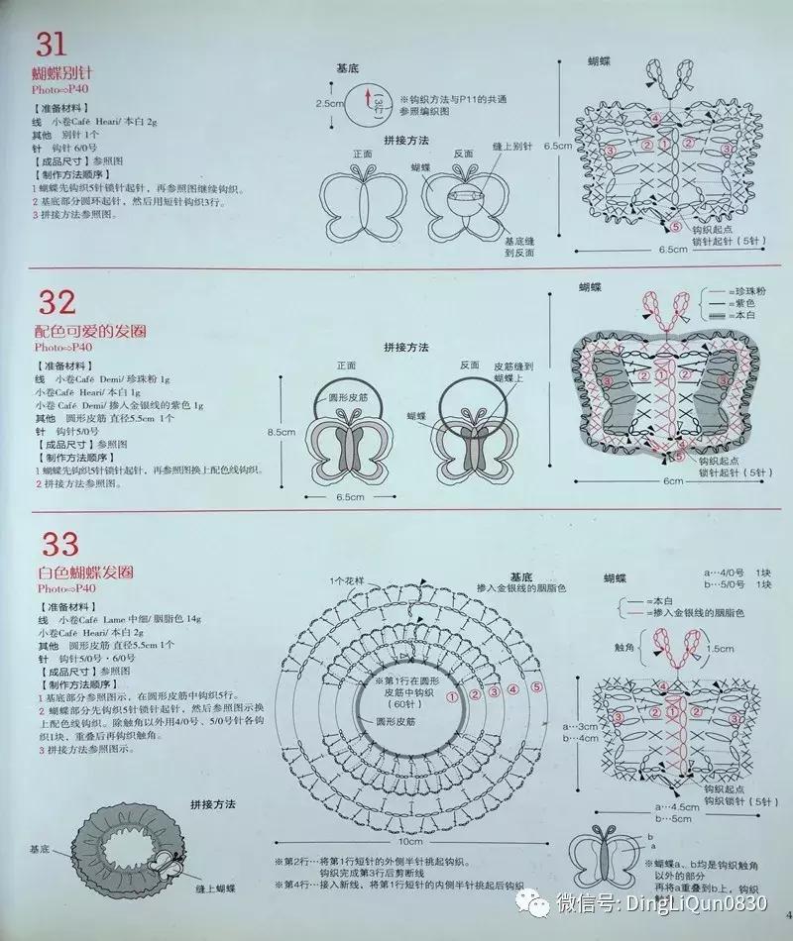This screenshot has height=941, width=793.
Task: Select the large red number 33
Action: click(x=58, y=545)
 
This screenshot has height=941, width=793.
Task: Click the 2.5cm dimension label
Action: click(x=329, y=103)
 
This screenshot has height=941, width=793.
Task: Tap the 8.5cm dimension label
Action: click(x=282, y=432)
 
